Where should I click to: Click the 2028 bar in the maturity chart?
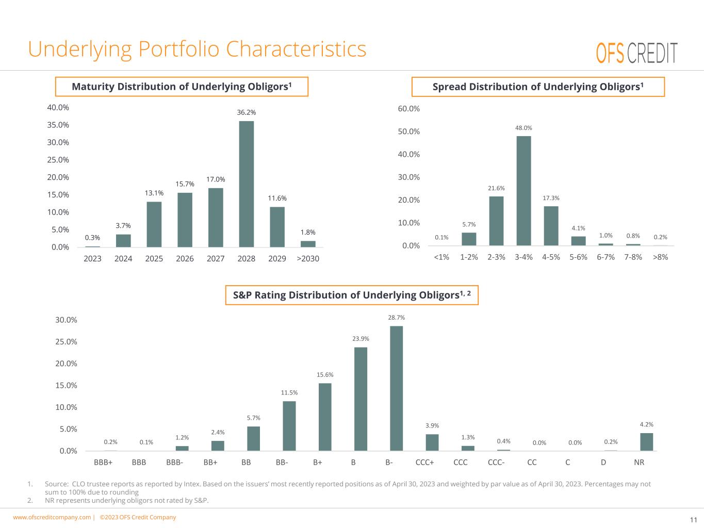(246, 184)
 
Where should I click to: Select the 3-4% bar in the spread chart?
(523, 191)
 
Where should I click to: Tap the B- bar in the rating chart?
(396, 388)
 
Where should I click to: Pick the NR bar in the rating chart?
(646, 442)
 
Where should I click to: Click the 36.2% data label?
(246, 112)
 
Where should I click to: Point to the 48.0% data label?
(523, 128)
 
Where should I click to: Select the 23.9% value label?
(361, 339)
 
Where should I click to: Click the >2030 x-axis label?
(308, 258)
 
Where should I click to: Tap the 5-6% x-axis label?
(578, 257)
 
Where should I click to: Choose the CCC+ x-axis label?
(424, 463)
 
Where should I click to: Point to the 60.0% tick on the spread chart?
(409, 109)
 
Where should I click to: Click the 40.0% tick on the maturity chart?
(58, 108)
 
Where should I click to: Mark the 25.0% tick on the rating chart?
(66, 342)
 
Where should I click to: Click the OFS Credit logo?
(636, 53)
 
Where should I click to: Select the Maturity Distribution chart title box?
(182, 87)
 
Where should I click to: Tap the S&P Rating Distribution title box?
(352, 295)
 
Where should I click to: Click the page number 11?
(693, 519)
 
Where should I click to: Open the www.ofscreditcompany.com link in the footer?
(52, 517)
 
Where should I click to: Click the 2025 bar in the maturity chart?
(154, 224)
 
